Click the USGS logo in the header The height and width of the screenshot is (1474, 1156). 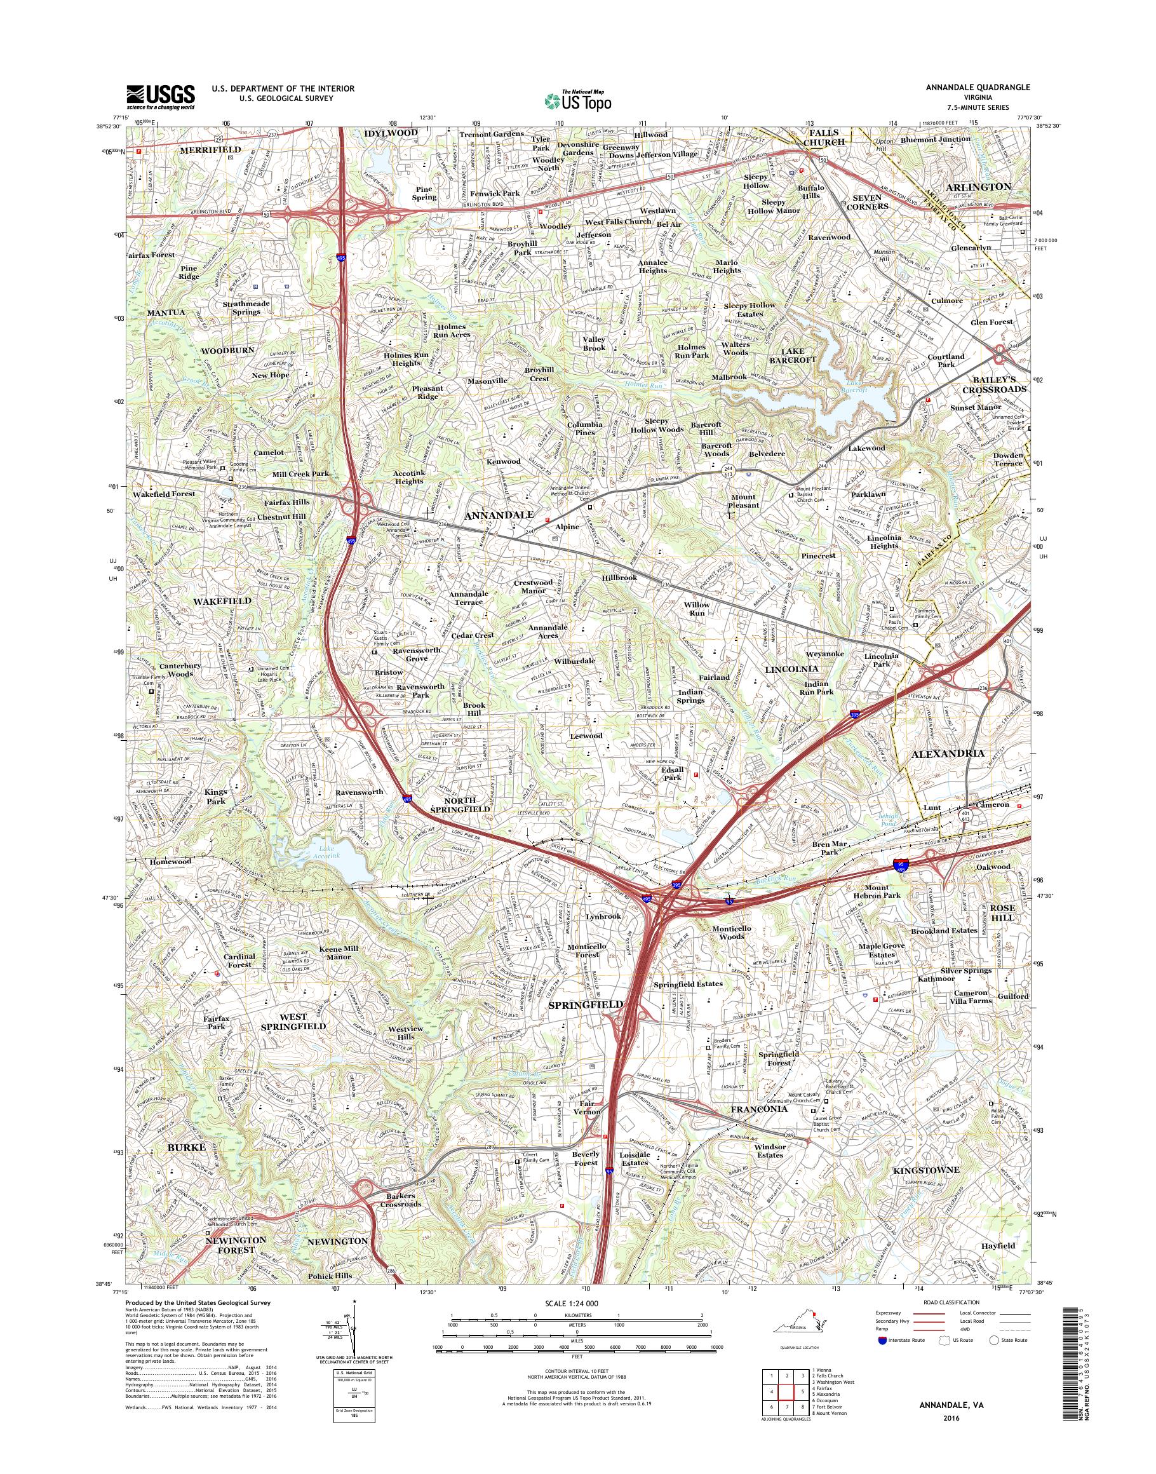(x=161, y=97)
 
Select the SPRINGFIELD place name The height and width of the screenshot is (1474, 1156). (x=586, y=1004)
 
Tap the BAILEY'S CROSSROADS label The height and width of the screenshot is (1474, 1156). (x=995, y=384)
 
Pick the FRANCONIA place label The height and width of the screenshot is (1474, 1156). (x=758, y=1111)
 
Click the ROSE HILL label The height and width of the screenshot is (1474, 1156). (x=1003, y=912)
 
